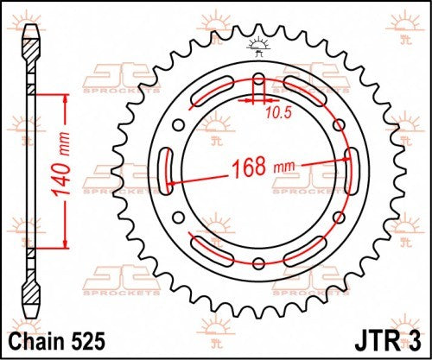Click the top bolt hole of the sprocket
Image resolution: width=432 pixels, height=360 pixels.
(259, 79)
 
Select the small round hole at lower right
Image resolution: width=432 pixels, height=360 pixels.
(339, 216)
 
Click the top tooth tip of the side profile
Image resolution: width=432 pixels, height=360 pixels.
(31, 26)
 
